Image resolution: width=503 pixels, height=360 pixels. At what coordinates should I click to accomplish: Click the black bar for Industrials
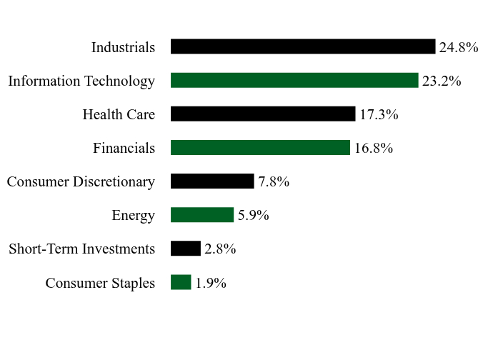coord(303,46)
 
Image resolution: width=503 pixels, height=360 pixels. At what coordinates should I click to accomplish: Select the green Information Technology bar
coord(294,80)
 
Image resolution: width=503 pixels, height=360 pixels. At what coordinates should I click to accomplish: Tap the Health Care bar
coord(263,114)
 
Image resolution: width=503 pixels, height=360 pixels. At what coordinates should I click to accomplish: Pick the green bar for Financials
coord(260,147)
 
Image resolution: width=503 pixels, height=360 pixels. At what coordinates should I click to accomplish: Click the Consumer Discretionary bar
coord(212,181)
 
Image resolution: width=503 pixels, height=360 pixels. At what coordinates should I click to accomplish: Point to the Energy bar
coord(202,215)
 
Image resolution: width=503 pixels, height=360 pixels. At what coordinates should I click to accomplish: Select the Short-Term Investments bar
coord(186,249)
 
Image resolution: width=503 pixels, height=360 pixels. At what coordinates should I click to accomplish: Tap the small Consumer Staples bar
coord(181,282)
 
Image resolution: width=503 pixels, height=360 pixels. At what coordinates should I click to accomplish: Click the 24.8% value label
coord(459,47)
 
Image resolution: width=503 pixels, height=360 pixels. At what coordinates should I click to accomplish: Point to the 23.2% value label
coord(442,81)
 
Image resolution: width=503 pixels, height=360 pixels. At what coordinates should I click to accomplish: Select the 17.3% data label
coord(379,115)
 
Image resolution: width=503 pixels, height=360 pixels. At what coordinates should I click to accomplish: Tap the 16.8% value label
coord(374,149)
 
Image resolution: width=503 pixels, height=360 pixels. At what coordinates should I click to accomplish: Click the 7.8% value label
coord(274,181)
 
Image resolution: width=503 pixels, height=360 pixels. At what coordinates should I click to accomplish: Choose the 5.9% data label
coord(253,216)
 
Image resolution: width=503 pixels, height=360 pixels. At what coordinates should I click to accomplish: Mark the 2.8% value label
coord(220,249)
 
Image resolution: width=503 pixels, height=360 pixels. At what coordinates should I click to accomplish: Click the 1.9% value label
coord(211,284)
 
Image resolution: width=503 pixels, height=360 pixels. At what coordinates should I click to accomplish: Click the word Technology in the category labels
coord(119,81)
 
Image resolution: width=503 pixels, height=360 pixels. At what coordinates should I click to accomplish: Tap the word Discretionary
coord(114,182)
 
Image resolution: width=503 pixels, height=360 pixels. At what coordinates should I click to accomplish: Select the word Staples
coord(133,284)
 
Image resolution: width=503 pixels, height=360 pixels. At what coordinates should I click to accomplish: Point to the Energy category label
coord(134,216)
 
